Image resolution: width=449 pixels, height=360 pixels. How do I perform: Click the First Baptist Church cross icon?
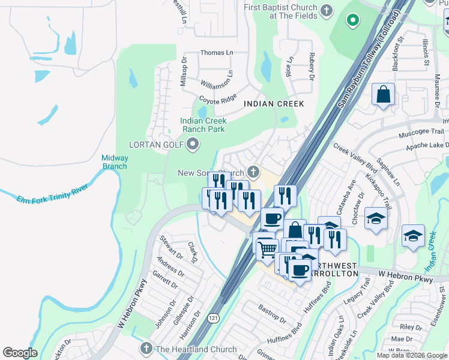click(327, 10)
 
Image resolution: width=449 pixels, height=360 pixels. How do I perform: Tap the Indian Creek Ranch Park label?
click(203, 125)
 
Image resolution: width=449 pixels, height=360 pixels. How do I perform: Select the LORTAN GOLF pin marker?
click(193, 143)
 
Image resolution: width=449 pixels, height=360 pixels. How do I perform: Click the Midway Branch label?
click(115, 161)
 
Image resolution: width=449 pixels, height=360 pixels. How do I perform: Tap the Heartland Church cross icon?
click(146, 349)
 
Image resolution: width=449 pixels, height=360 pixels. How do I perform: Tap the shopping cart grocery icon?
click(267, 247)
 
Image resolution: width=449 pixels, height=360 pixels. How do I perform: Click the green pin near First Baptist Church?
click(353, 20)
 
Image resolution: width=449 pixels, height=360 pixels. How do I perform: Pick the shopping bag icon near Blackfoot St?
click(383, 94)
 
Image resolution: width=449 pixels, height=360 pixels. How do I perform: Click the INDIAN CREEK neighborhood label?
click(274, 104)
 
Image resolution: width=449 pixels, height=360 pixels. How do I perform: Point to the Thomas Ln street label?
click(216, 53)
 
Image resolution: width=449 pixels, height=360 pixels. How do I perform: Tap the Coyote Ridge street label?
click(218, 98)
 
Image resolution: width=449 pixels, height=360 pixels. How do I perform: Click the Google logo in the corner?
click(20, 353)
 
